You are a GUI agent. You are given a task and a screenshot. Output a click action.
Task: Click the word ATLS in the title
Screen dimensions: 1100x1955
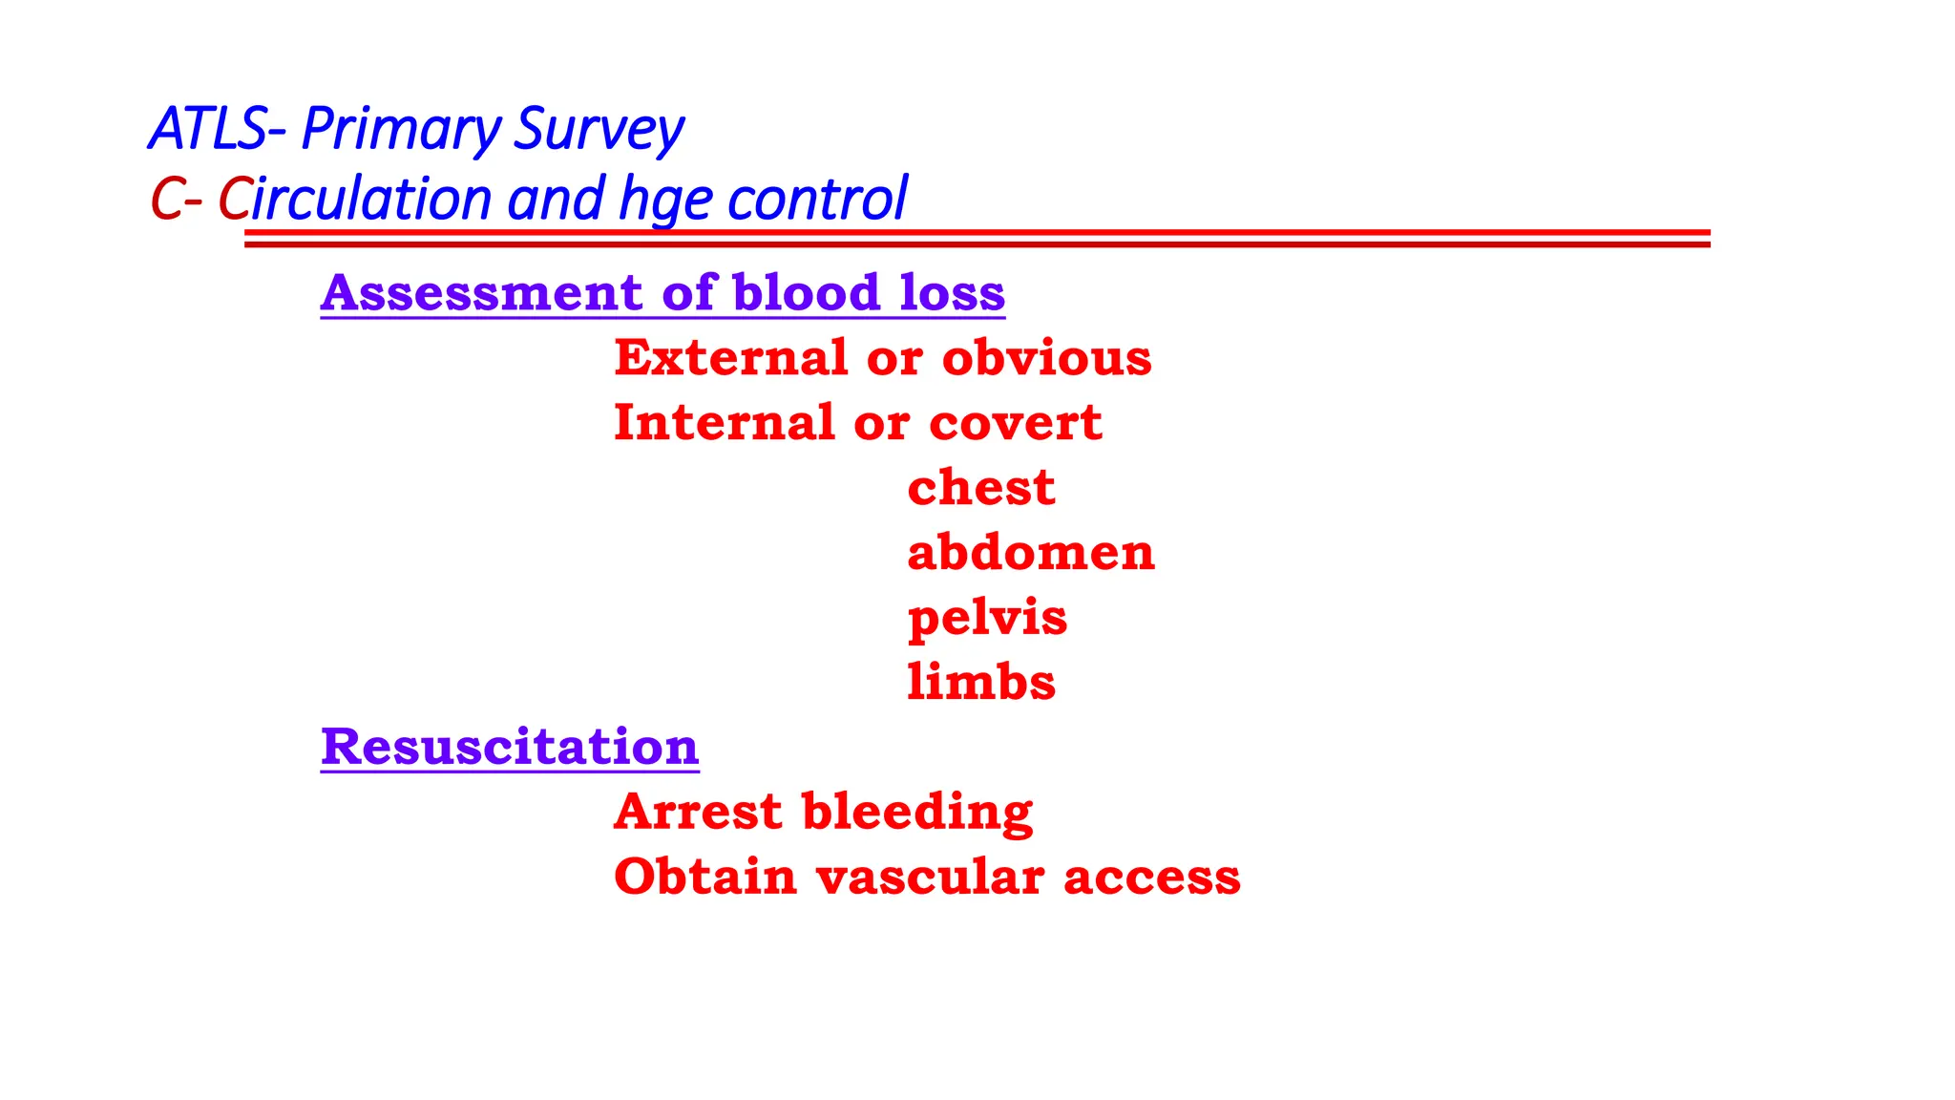(207, 129)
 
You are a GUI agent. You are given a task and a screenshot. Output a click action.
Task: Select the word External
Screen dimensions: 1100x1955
(731, 358)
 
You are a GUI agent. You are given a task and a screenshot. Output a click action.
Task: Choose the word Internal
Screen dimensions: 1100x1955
(724, 423)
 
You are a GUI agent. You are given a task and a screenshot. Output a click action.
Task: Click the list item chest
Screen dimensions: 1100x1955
(980, 488)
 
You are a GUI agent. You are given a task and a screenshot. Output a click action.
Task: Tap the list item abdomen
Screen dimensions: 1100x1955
(1031, 553)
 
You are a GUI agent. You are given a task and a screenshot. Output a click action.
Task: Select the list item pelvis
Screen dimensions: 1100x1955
(987, 618)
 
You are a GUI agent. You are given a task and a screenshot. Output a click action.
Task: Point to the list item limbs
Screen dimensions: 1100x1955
(981, 683)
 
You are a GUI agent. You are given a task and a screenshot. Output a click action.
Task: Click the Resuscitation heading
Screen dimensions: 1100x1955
(510, 747)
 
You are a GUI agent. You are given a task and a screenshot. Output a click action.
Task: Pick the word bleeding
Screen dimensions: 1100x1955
(916, 812)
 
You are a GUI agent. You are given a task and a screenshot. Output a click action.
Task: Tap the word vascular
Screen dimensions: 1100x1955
(929, 877)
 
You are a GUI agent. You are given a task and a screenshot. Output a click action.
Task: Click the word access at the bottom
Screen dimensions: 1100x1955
(1151, 877)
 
